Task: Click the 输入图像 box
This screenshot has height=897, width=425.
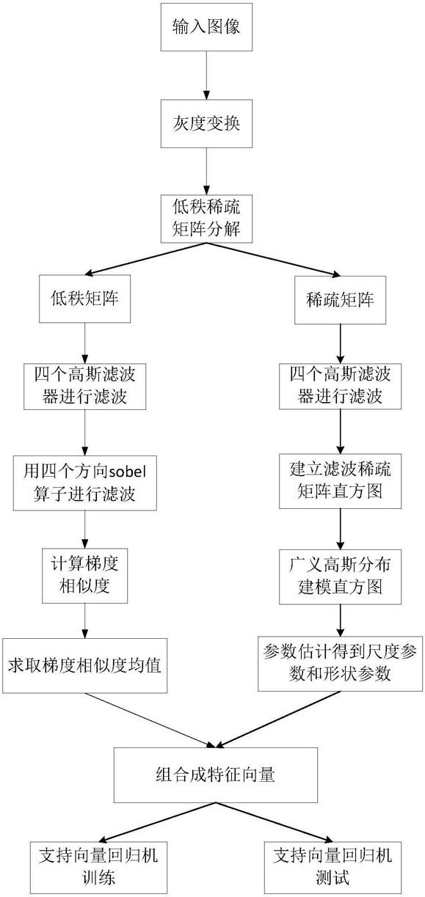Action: [x=206, y=27]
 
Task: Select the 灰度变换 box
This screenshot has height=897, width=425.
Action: [x=206, y=123]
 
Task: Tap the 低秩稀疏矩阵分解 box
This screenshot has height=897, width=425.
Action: [x=206, y=219]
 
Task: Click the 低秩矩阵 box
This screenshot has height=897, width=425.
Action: [x=84, y=299]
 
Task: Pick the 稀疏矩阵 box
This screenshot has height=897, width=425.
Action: [x=341, y=300]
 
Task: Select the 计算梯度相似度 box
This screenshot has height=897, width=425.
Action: [x=85, y=576]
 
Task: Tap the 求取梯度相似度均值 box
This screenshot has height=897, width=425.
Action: [x=85, y=665]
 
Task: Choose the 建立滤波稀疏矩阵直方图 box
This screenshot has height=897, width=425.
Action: [x=341, y=481]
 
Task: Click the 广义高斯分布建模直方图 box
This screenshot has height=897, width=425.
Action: [x=341, y=576]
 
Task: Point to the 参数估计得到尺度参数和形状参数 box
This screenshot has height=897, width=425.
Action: [x=341, y=664]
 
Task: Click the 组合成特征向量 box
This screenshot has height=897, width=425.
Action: [x=216, y=775]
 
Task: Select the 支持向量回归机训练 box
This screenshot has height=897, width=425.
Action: [x=98, y=868]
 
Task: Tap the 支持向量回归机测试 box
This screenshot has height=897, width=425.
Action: [x=333, y=868]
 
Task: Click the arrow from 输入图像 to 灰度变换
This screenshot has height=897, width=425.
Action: [x=206, y=76]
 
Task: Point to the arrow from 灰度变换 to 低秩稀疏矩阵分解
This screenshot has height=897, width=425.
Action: [x=206, y=172]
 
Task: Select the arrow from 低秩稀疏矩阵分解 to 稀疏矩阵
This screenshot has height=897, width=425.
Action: [x=274, y=260]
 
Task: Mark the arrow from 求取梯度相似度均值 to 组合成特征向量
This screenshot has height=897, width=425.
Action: [x=150, y=720]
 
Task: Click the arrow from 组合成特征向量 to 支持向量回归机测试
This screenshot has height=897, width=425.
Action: [x=275, y=822]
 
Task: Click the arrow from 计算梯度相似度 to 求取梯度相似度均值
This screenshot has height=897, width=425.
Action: [x=84, y=620]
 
